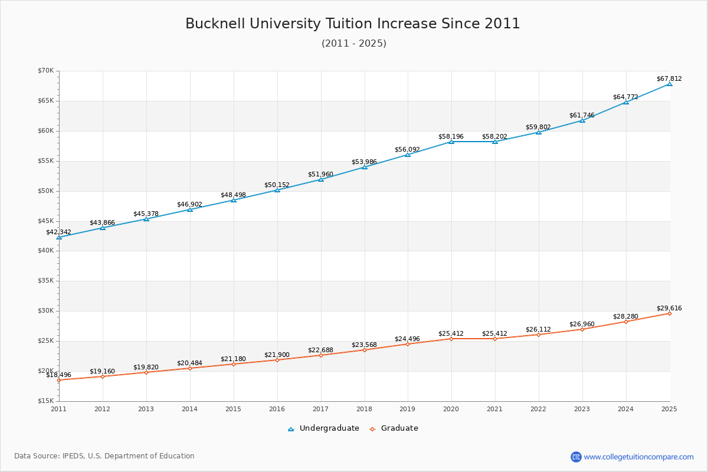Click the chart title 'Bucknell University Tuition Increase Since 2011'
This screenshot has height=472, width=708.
(353, 24)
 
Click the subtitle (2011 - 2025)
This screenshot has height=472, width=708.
(353, 44)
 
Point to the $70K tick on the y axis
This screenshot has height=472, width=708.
(45, 71)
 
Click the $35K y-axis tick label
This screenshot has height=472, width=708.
(45, 281)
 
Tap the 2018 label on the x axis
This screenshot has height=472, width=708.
(364, 408)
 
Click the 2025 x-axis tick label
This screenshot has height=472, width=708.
(669, 408)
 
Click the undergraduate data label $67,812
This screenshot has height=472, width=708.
(668, 78)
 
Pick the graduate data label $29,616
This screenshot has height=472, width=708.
(668, 308)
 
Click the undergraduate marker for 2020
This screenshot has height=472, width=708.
(451, 142)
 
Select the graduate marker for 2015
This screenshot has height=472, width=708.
(233, 364)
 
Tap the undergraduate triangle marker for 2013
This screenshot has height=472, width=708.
(146, 219)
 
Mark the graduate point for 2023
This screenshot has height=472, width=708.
(582, 329)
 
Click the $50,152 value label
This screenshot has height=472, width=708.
(277, 185)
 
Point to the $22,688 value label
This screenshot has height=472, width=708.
(320, 350)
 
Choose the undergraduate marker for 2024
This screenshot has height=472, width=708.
(626, 102)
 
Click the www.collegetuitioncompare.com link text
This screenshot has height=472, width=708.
(638, 457)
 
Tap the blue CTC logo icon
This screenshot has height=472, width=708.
(576, 457)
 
